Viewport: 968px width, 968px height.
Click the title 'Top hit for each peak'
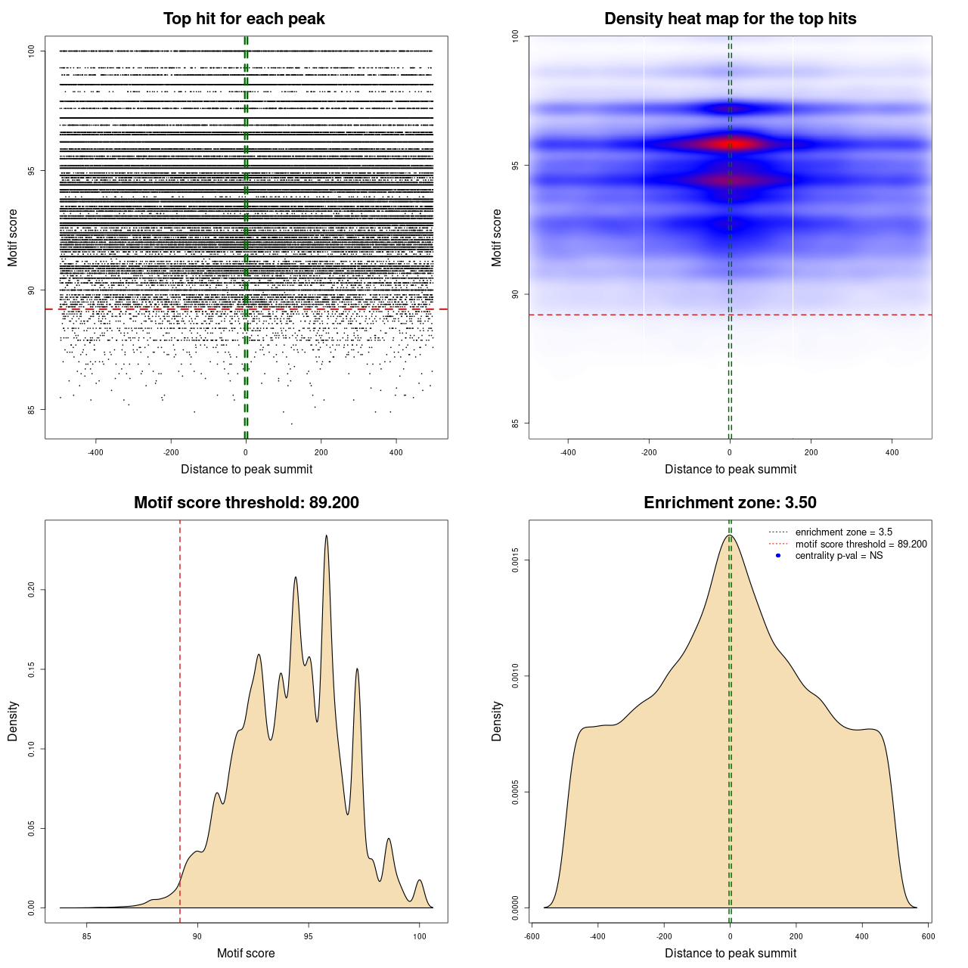tap(244, 19)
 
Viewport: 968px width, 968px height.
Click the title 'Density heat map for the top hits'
tap(730, 19)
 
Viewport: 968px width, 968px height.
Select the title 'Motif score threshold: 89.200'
tap(246, 503)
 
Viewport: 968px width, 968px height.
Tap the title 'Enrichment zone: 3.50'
tap(730, 503)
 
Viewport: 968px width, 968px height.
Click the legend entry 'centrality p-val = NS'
tap(839, 556)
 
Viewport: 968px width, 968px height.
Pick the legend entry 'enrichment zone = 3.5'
tap(843, 532)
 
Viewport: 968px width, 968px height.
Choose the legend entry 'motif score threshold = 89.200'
tap(861, 544)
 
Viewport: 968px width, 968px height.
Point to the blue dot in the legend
tap(778, 556)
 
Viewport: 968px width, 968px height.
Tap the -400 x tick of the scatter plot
tap(95, 453)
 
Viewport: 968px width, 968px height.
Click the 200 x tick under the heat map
tap(811, 453)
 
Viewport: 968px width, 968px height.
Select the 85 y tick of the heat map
tap(515, 423)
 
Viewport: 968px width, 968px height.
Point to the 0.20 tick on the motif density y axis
tap(31, 589)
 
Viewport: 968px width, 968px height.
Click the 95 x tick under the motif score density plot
tap(308, 936)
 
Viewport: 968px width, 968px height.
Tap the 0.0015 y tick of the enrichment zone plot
tap(515, 560)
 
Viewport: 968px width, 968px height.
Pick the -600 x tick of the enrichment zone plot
tap(532, 936)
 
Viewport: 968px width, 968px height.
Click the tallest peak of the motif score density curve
tap(327, 535)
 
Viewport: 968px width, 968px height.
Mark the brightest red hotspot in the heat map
tap(737, 143)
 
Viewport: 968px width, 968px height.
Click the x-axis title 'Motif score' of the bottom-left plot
tap(246, 953)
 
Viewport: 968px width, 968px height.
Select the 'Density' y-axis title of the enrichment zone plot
tap(497, 721)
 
